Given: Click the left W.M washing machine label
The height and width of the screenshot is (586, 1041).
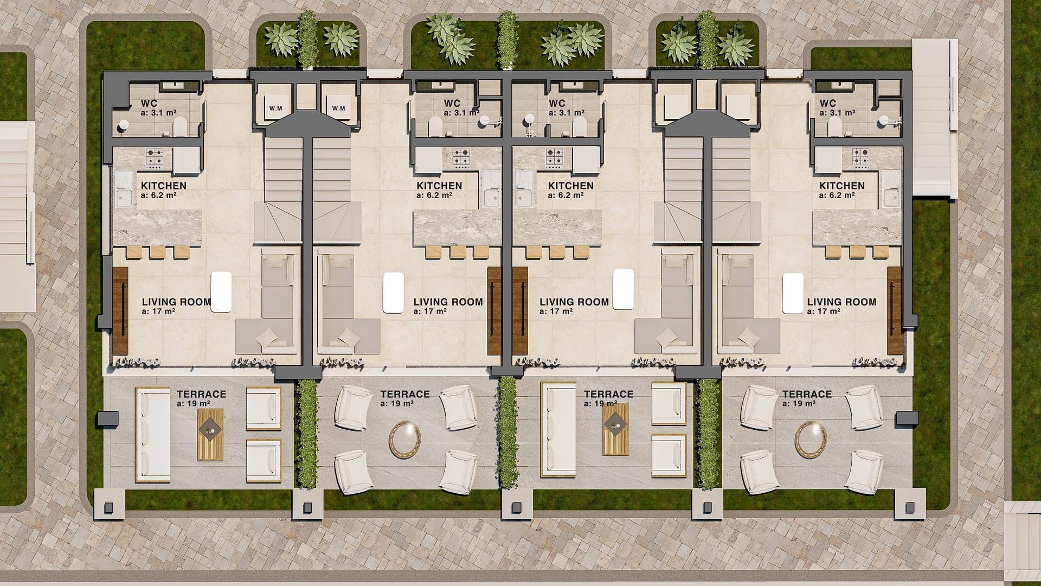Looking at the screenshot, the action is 275,108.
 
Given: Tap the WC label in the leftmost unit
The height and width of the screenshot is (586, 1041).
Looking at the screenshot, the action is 149,103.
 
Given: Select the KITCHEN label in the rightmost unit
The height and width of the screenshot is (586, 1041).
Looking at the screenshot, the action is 841,186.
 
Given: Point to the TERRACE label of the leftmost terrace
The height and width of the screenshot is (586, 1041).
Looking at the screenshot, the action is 201,394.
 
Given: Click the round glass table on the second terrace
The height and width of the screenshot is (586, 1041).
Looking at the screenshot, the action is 404,440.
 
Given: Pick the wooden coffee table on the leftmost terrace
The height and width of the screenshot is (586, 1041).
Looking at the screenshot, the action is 210,435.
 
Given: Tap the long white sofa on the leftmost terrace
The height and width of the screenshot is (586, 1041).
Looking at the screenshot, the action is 153,435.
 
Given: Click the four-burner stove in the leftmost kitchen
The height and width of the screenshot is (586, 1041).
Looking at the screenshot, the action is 154,158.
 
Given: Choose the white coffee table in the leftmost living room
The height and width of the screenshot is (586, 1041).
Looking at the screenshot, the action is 221,292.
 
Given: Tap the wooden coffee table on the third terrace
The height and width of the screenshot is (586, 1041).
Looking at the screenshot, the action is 616,429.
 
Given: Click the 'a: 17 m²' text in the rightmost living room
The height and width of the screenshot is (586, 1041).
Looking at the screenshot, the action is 824,311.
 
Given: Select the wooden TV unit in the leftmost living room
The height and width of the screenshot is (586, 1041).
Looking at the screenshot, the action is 120,311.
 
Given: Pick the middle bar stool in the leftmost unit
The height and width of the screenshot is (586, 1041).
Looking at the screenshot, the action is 157,252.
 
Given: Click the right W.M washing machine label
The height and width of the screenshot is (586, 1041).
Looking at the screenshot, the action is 338,108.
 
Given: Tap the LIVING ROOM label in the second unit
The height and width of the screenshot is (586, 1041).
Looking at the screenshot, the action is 448,302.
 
